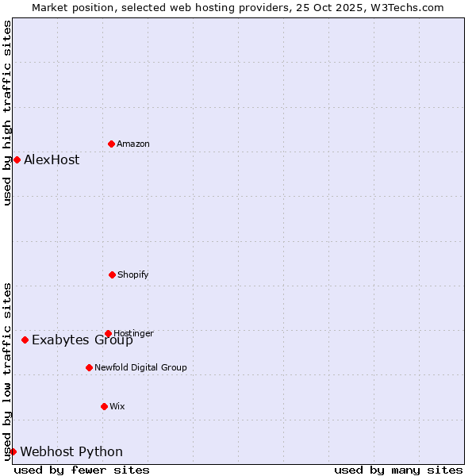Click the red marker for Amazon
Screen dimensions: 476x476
point(111,144)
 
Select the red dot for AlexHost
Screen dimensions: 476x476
point(17,159)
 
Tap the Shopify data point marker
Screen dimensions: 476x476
point(112,274)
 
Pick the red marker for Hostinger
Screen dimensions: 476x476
point(108,333)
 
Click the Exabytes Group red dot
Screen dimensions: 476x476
point(25,340)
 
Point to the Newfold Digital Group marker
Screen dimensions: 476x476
point(89,367)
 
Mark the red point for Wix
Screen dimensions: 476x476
point(104,406)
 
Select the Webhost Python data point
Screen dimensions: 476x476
point(13,451)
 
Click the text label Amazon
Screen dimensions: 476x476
point(133,144)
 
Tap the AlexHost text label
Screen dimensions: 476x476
point(52,159)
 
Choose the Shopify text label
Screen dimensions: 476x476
point(133,274)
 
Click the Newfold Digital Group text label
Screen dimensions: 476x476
point(140,367)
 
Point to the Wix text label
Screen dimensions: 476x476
point(117,406)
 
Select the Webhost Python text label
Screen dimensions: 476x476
point(71,451)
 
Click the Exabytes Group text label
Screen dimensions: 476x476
point(83,340)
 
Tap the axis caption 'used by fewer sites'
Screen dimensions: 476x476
point(82,470)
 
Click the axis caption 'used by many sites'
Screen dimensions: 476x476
point(398,470)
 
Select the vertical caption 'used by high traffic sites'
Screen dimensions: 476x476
point(8,113)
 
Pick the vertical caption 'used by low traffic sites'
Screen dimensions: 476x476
point(8,370)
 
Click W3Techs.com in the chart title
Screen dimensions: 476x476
point(404,7)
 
